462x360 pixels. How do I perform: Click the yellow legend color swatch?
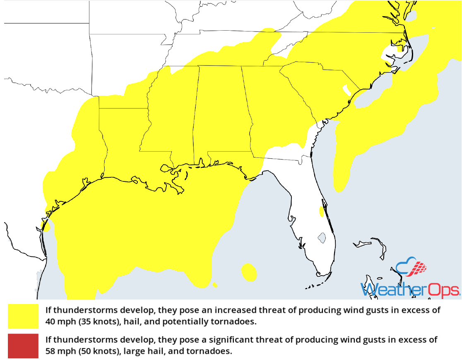(x=23, y=316)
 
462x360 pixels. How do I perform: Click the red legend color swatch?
(x=23, y=346)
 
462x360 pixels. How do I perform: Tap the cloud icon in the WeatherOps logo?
(x=410, y=268)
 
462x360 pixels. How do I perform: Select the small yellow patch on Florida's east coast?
(x=322, y=212)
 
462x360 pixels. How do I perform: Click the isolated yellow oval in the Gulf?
(x=248, y=272)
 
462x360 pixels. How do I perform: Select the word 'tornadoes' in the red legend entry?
(x=214, y=351)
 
